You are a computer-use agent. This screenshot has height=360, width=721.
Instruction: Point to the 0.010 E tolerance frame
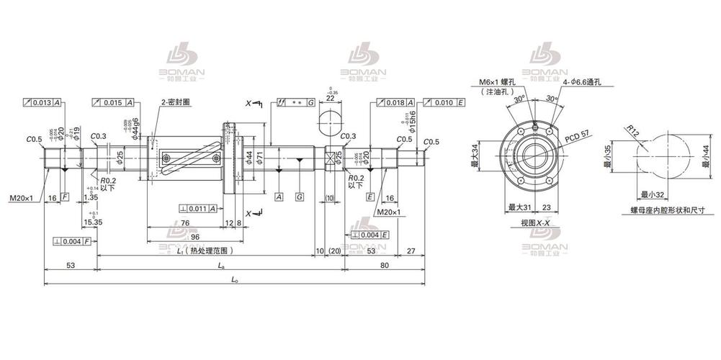pyautogui.click(x=444, y=103)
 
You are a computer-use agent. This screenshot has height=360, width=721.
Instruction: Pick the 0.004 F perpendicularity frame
pyautogui.click(x=72, y=240)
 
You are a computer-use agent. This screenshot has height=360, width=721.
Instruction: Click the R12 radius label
pyautogui.click(x=632, y=132)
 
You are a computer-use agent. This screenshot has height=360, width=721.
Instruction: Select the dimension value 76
pyautogui.click(x=186, y=223)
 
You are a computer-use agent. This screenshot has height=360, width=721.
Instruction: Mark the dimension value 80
pyautogui.click(x=385, y=265)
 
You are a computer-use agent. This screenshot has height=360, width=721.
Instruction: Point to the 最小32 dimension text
pyautogui.click(x=651, y=194)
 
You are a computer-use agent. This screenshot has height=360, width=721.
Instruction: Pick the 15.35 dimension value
pyautogui.click(x=92, y=222)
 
